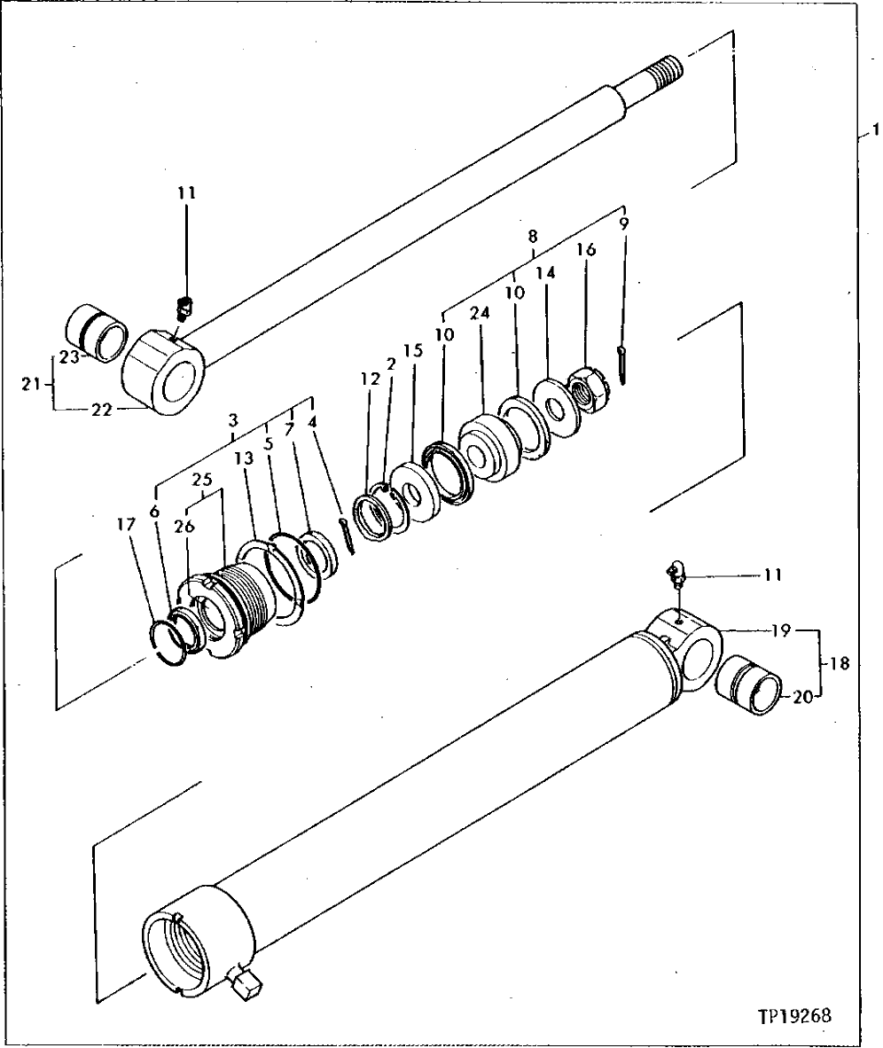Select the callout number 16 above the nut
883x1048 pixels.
pos(587,251)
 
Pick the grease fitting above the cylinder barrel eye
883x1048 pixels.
pos(676,574)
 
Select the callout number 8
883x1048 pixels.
pos(532,237)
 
